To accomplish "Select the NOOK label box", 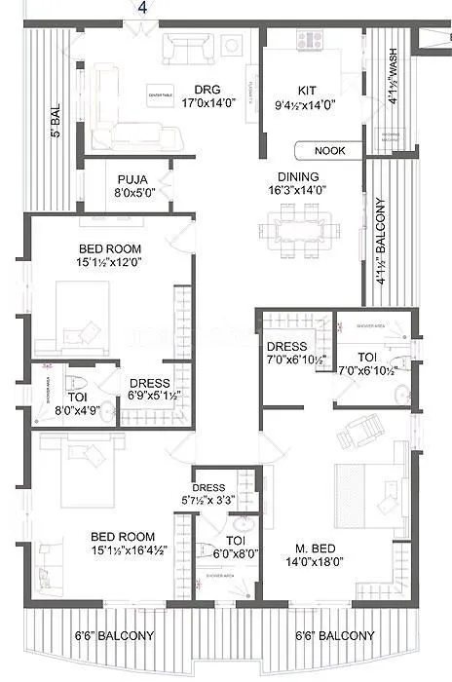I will [329, 151].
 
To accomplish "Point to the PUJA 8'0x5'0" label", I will [133, 186].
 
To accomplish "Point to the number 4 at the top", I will [142, 8].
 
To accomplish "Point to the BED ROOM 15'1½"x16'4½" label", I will [122, 543].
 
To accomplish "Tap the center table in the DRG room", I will [161, 95].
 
